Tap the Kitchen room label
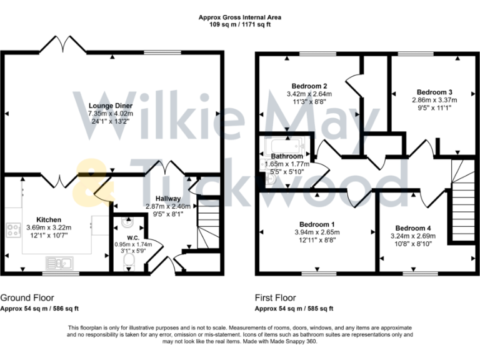pyautogui.click(x=48, y=219)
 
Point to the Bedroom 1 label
pyautogui.click(x=316, y=224)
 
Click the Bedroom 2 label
pyautogui.click(x=310, y=86)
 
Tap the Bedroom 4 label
pyautogui.click(x=413, y=228)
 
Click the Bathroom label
pyautogui.click(x=287, y=156)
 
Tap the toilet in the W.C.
pyautogui.click(x=129, y=260)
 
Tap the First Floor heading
pyautogui.click(x=276, y=298)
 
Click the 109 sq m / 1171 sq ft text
pyautogui.click(x=240, y=25)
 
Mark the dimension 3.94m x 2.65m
pyautogui.click(x=316, y=232)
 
